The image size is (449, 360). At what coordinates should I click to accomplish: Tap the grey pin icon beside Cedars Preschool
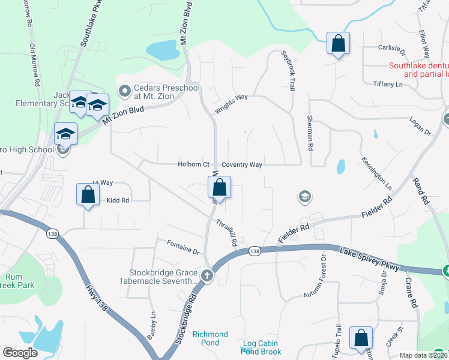tap(125, 92)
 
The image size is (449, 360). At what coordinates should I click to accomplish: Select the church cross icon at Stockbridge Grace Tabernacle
tap(207, 276)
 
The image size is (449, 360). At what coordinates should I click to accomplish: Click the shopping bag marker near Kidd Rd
tap(88, 195)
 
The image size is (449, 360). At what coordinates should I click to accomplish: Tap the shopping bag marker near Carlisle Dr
tap(338, 44)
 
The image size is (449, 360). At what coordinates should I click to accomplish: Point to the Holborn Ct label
tap(193, 164)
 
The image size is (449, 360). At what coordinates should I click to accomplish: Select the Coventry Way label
tap(242, 164)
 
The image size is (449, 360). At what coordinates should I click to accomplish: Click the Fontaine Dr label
tap(183, 247)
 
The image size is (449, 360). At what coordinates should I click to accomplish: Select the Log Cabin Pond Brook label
tap(261, 347)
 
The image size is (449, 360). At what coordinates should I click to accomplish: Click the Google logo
tap(20, 353)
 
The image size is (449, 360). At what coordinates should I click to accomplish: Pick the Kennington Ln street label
tap(376, 172)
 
